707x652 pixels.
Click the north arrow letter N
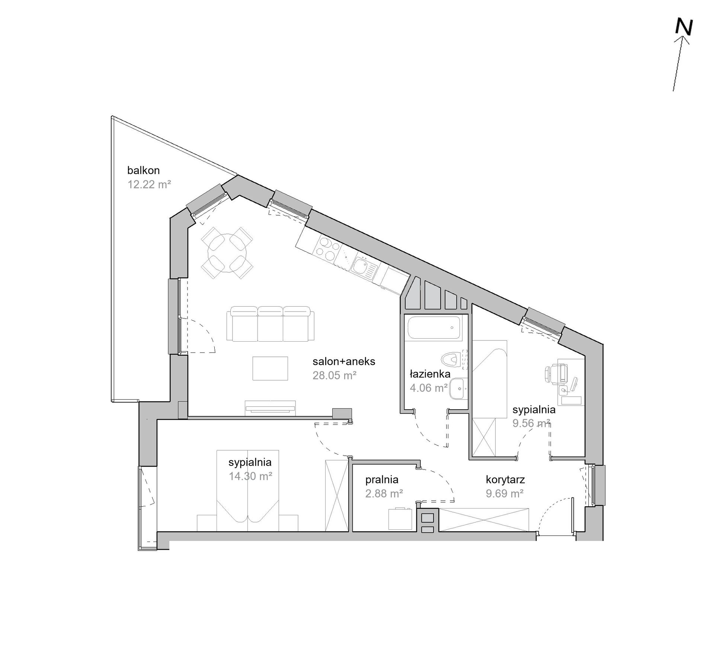pos(684,27)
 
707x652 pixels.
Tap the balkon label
pos(143,170)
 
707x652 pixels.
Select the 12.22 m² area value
pos(149,184)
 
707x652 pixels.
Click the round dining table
pos(227,252)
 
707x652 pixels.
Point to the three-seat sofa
pos(271,323)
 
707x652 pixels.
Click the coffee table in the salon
pos(270,368)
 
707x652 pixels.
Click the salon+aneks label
pos(344,361)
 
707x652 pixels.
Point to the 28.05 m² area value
pos(335,375)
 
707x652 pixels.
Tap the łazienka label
pos(430,374)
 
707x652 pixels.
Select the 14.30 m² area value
pos(250,476)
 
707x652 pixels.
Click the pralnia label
pos(382,480)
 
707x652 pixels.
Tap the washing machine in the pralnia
pos(400,519)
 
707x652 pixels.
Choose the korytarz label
pos(505,480)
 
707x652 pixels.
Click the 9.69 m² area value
pos(505,493)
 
